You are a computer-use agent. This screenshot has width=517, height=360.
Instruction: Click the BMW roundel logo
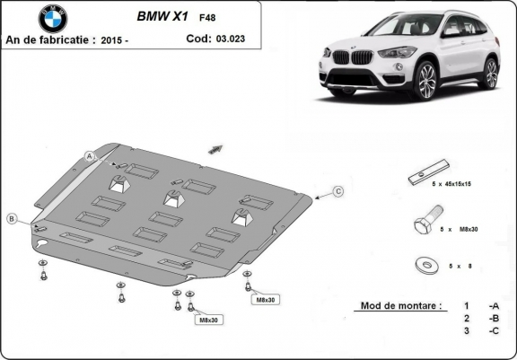tap(52, 18)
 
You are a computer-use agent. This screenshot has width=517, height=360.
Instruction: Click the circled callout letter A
tap(90, 156)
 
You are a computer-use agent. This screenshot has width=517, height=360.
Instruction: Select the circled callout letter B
tap(12, 219)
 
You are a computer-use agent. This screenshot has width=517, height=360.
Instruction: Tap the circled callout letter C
tap(338, 191)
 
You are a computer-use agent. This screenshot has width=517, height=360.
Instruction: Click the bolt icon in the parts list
tap(425, 222)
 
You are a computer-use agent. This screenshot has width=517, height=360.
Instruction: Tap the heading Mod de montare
tap(399, 305)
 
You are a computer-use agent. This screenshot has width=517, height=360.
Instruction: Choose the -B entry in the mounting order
tap(493, 318)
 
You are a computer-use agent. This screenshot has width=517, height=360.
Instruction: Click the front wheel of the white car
tap(425, 81)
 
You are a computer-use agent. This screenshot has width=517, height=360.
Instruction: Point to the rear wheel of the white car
tap(490, 73)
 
